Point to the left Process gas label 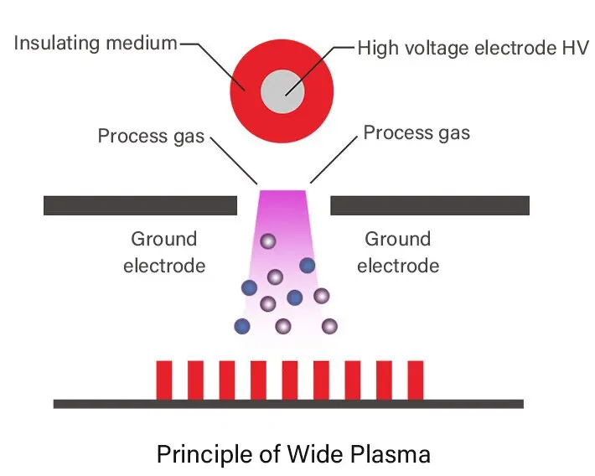pyautogui.click(x=151, y=136)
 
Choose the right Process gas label pyautogui.click(x=416, y=132)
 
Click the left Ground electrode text pyautogui.click(x=164, y=252)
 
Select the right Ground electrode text pyautogui.click(x=398, y=252)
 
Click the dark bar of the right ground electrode pyautogui.click(x=430, y=205)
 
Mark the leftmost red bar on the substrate pyautogui.click(x=164, y=379)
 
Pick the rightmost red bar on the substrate pyautogui.click(x=415, y=379)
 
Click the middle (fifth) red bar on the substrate pyautogui.click(x=290, y=379)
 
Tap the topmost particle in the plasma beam pyautogui.click(x=267, y=241)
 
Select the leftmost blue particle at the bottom pyautogui.click(x=242, y=326)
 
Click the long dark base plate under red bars pyautogui.click(x=288, y=403)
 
